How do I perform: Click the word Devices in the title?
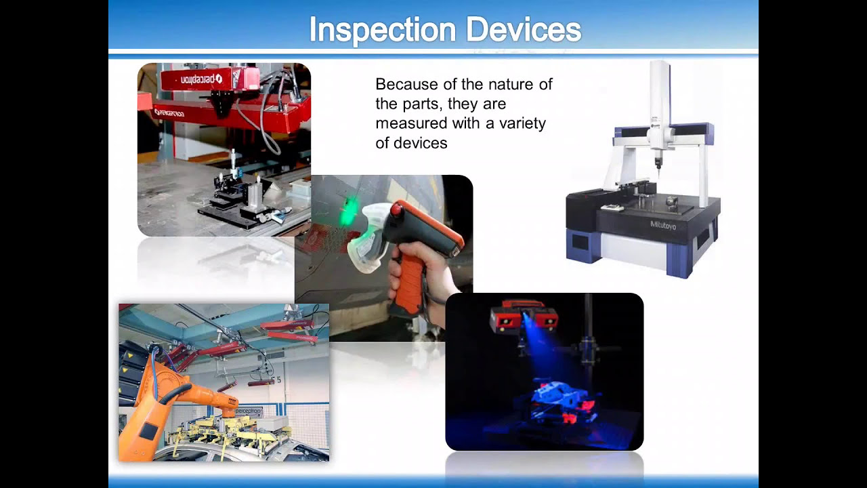(524, 30)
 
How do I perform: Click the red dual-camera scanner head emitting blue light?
(524, 315)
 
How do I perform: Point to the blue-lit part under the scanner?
(555, 400)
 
